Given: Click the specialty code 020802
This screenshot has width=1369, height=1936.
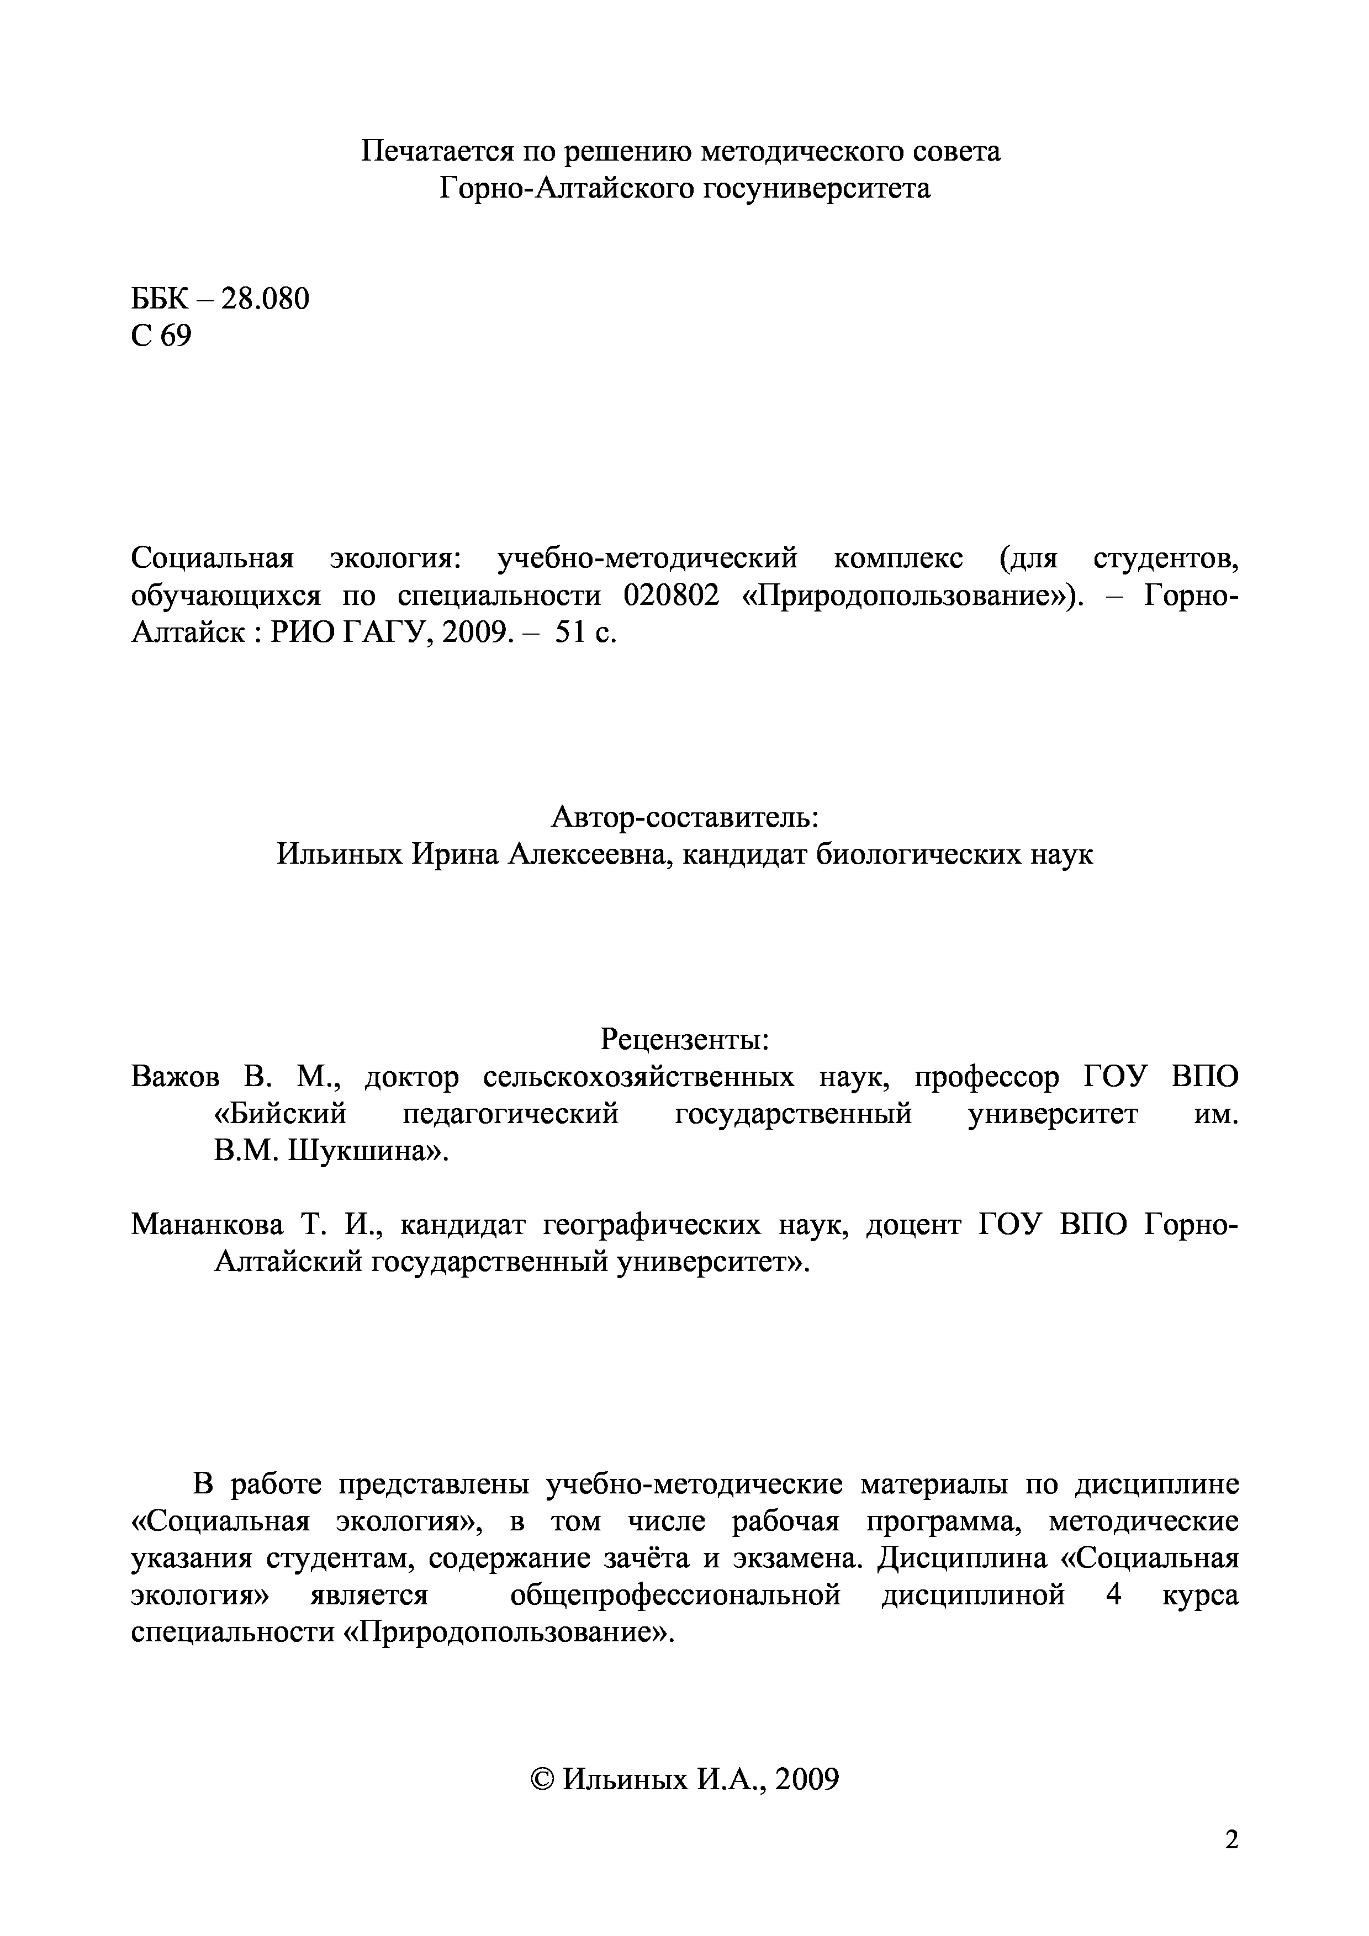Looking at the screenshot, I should pyautogui.click(x=672, y=595).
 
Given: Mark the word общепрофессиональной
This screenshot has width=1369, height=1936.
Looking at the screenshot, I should pyautogui.click(x=675, y=1596).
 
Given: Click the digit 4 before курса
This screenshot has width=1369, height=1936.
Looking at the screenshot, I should pyautogui.click(x=1113, y=1595).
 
